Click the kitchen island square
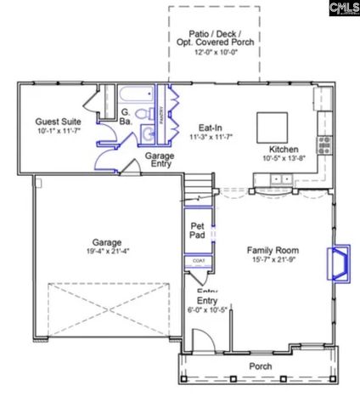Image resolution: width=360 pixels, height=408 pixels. [x=273, y=126]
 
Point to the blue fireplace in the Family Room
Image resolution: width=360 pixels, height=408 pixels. [x=338, y=263]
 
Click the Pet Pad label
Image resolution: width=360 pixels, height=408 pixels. [x=197, y=229]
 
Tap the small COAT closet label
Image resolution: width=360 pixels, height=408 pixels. [x=198, y=261]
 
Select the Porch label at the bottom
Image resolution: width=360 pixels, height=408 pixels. [x=261, y=366]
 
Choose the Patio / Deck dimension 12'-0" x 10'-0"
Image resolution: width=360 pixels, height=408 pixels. [x=214, y=51]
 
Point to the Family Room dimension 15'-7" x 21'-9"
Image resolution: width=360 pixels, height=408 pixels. [x=273, y=261]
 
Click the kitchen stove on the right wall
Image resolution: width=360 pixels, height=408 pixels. [x=323, y=144]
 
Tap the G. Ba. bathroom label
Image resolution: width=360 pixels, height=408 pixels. [x=125, y=117]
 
